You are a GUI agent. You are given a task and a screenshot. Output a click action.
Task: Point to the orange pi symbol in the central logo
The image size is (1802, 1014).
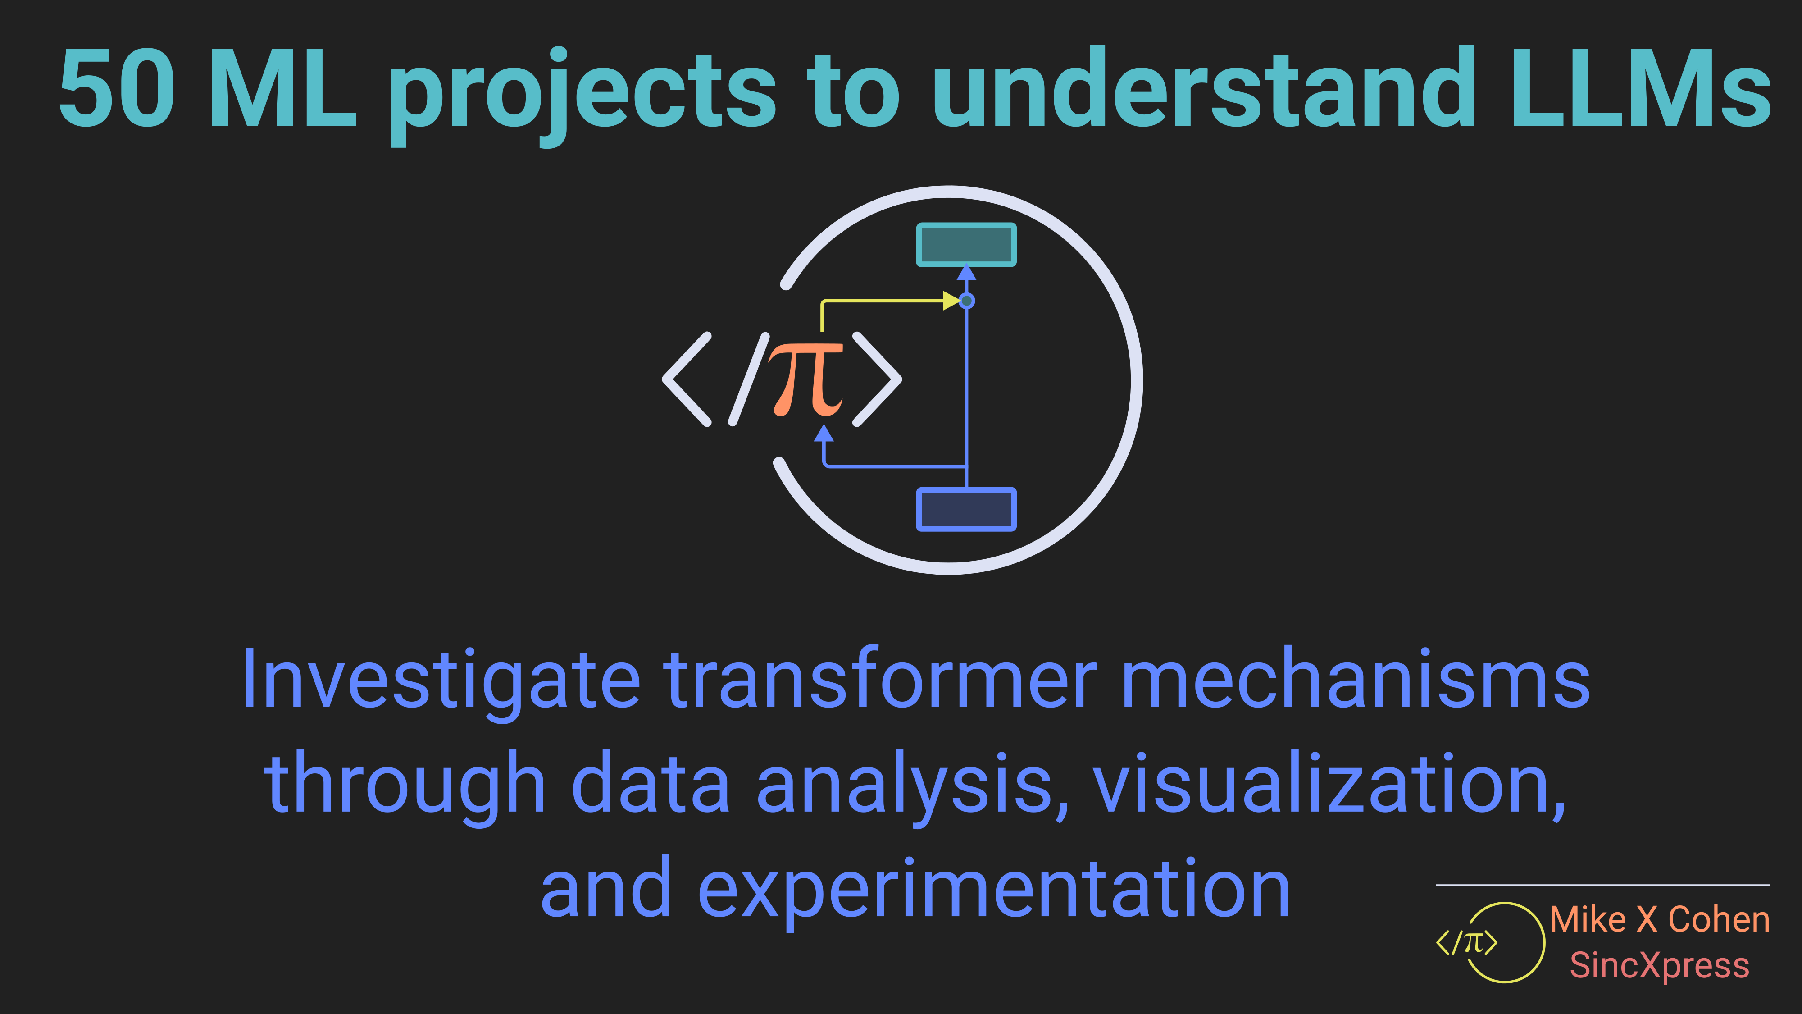806,379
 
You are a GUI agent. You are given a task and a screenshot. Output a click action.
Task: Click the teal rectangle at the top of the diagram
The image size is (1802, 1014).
966,244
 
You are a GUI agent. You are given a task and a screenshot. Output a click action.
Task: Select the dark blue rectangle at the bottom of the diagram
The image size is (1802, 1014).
966,509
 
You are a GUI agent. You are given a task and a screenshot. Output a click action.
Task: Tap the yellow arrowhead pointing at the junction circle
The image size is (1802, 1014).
951,301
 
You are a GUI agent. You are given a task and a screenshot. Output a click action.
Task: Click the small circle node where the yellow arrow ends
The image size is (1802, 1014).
967,301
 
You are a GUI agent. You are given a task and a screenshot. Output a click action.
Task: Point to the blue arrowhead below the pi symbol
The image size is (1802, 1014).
824,433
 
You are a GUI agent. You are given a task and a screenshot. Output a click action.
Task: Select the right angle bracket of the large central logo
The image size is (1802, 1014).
877,379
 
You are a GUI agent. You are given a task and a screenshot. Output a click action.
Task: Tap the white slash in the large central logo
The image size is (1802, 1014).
749,379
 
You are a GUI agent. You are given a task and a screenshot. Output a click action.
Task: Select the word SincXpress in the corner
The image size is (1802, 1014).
1659,966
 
